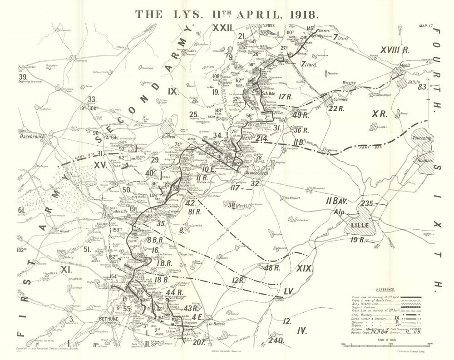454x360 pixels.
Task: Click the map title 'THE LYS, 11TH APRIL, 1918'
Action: tap(227, 13)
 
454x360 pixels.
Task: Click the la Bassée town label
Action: tap(217, 324)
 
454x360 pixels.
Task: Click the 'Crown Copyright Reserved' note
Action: tap(226, 350)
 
